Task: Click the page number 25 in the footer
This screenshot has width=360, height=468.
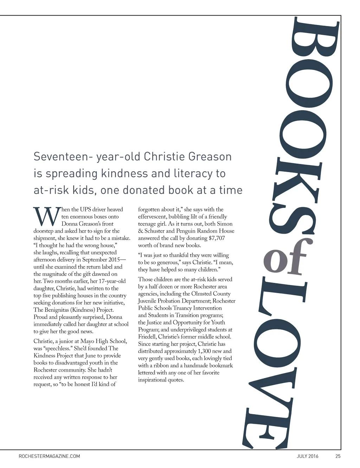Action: tap(338, 456)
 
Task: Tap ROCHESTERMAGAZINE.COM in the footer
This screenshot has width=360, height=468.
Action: tap(49, 456)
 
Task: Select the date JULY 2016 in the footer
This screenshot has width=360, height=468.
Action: tap(308, 456)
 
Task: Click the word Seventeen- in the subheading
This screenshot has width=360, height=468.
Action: tap(63, 156)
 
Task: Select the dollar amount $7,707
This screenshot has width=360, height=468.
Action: tap(217, 238)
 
